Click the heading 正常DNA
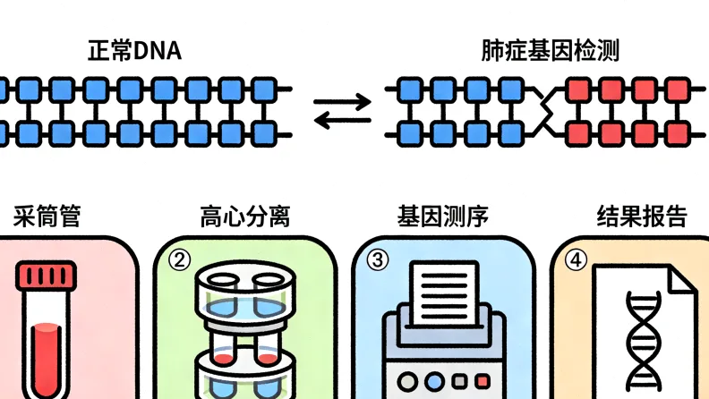click(134, 50)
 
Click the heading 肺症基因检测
click(549, 50)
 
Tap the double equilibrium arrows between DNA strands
click(342, 112)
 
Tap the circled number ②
click(180, 260)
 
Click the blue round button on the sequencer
click(434, 381)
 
